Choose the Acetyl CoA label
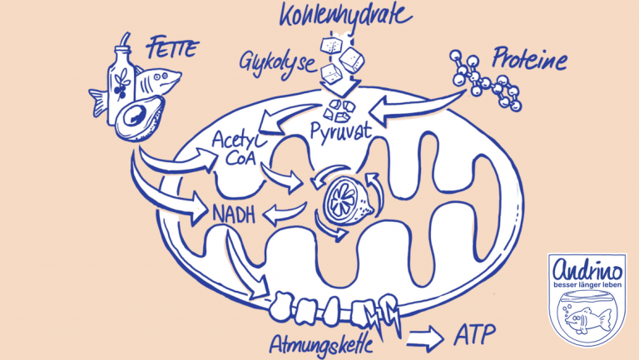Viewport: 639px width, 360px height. [236, 148]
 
